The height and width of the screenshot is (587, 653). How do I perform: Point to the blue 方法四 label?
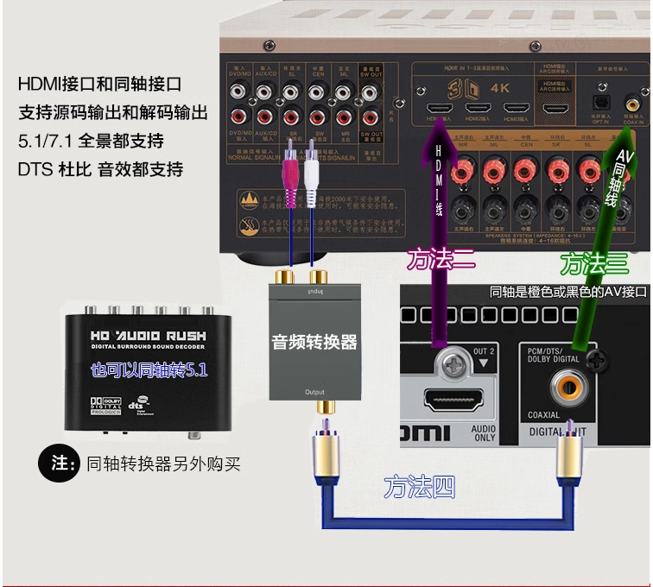pyautogui.click(x=419, y=488)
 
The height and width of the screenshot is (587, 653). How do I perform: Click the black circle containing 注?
pyautogui.click(x=59, y=463)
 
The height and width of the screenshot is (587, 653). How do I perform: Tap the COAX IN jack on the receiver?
pyautogui.click(x=633, y=104)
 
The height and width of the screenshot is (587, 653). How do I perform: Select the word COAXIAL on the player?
pyautogui.click(x=544, y=415)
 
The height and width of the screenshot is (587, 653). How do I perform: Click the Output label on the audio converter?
pyautogui.click(x=314, y=393)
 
